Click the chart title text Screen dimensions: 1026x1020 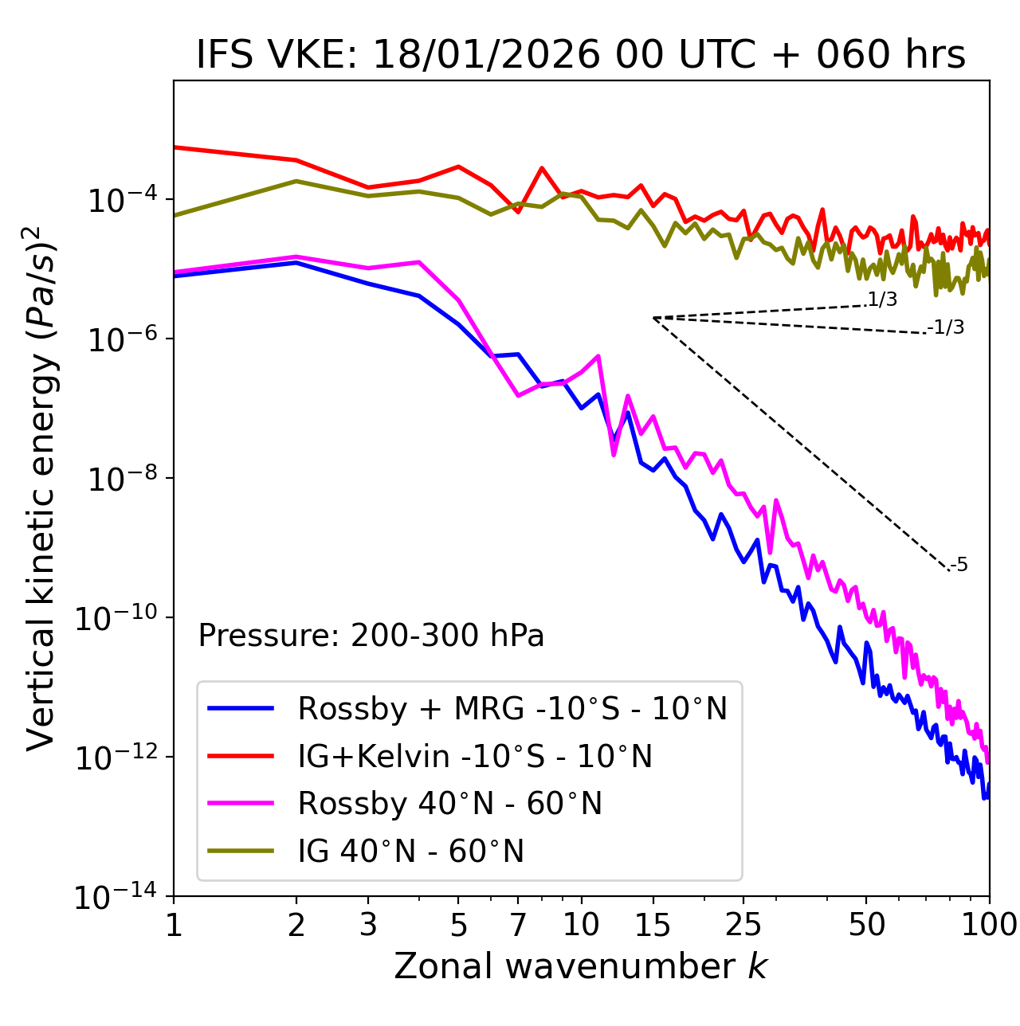pos(581,55)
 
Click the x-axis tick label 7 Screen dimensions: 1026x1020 pos(518,925)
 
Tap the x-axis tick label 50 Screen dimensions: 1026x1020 pos(866,925)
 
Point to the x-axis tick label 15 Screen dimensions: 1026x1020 pos(653,925)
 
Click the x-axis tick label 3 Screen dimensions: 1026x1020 pos(368,925)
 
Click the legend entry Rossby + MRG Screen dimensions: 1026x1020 pos(512,708)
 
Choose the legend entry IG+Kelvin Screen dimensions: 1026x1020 pos(475,756)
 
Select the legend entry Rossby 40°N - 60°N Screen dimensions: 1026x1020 pos(449,804)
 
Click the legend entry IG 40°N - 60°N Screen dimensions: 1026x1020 pos(410,852)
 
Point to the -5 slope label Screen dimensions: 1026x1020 pos(959,566)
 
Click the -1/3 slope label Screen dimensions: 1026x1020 pos(946,327)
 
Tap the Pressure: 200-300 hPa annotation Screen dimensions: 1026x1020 pos(371,636)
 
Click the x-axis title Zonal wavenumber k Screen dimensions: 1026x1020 pos(581,966)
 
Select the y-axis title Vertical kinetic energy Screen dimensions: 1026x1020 pos(41,488)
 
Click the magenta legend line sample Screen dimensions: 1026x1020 pos(241,804)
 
